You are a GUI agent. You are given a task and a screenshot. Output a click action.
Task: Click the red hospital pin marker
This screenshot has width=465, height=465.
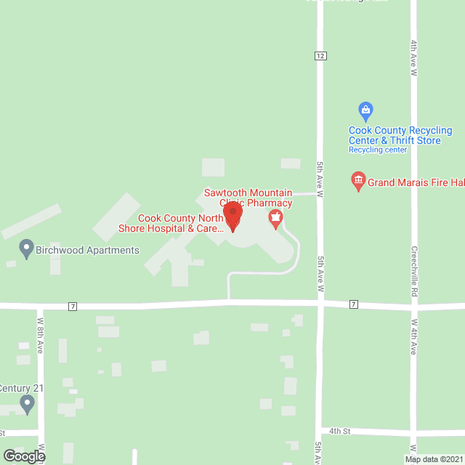pyautogui.click(x=232, y=216)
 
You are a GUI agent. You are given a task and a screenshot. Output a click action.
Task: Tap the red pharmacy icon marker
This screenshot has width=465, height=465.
pyautogui.click(x=275, y=218)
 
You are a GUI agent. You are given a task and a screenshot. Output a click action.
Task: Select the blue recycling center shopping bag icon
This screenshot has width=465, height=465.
pyautogui.click(x=366, y=111)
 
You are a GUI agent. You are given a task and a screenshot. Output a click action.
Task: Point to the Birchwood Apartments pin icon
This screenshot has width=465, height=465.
pyautogui.click(x=27, y=249)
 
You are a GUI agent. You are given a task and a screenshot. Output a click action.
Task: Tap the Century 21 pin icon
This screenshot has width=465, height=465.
pyautogui.click(x=28, y=404)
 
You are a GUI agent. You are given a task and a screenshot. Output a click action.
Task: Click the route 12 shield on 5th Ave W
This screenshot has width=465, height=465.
pyautogui.click(x=320, y=56)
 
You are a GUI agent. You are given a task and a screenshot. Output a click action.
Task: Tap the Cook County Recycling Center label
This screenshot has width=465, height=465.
pyautogui.click(x=400, y=135)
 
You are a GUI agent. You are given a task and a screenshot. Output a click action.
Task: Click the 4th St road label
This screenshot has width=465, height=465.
pyautogui.click(x=339, y=431)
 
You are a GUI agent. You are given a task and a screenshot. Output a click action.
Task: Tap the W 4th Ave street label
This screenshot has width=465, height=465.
pyautogui.click(x=413, y=336)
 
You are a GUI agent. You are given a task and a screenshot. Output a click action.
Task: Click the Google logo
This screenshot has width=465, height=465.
pyautogui.click(x=23, y=456)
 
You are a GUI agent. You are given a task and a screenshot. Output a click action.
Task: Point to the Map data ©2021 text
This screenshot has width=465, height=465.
pyautogui.click(x=433, y=459)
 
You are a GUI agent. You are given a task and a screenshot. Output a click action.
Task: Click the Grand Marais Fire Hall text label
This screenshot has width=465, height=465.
pyautogui.click(x=416, y=182)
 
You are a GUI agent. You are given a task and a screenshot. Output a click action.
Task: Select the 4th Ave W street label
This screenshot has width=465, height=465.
pyautogui.click(x=413, y=59)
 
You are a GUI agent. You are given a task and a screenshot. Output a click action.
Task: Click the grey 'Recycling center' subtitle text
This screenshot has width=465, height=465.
pyautogui.click(x=378, y=150)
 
